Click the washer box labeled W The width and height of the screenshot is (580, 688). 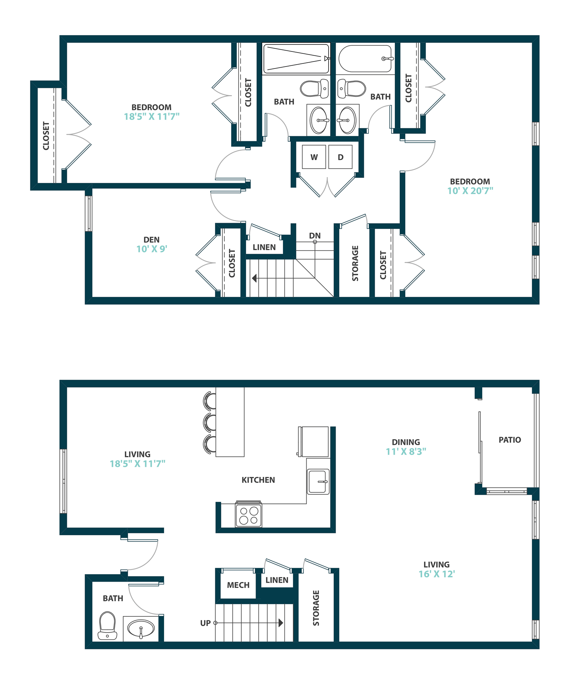[x=314, y=157]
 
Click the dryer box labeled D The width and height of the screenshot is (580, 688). [x=340, y=157]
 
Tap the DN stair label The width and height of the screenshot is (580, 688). [x=315, y=236]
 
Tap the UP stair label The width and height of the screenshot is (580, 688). [x=205, y=623]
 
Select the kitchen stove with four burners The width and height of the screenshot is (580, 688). [x=249, y=515]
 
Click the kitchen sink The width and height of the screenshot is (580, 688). [x=318, y=481]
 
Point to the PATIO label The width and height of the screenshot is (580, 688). [x=510, y=440]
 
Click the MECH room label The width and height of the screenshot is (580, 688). [x=238, y=585]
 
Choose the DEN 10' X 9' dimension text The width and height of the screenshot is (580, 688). [x=152, y=249]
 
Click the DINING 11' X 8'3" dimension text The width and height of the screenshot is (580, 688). [x=406, y=451]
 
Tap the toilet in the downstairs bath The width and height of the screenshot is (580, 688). [x=107, y=625]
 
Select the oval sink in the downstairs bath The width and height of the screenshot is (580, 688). [x=141, y=628]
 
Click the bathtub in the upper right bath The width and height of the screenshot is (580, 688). [x=365, y=59]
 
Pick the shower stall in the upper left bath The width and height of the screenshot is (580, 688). [x=296, y=59]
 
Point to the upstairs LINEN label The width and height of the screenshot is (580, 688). [x=264, y=247]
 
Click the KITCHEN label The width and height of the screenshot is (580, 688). [x=258, y=480]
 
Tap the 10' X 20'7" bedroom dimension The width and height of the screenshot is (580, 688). [x=470, y=191]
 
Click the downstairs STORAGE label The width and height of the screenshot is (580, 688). [x=316, y=608]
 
